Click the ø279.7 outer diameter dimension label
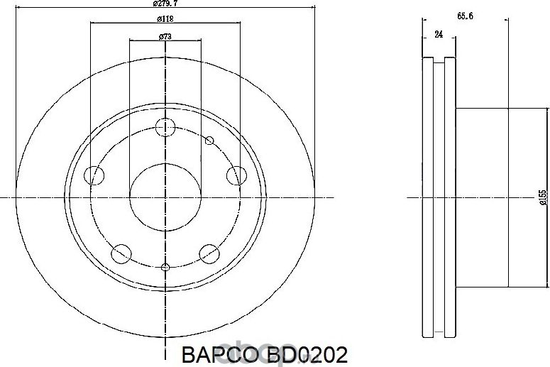164,4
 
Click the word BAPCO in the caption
212,354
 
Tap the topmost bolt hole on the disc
165,128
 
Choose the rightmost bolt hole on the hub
236,175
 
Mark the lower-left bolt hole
121,252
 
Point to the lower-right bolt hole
209,252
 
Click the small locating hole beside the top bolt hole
209,141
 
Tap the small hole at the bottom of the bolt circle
165,268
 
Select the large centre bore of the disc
165,197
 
